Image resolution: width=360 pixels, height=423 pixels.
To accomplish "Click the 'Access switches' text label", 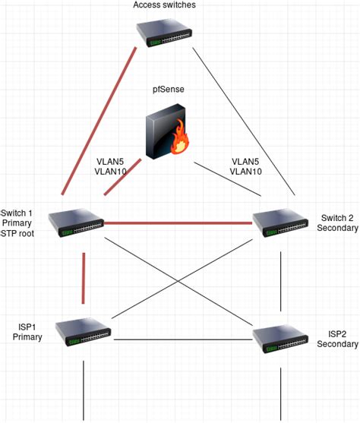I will click(165, 6).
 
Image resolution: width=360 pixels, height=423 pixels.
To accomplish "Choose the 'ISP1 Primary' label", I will click(28, 331).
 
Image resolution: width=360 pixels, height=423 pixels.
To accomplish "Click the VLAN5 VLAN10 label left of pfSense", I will click(112, 167).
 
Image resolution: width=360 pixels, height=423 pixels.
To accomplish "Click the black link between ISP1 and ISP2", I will click(182, 339).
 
